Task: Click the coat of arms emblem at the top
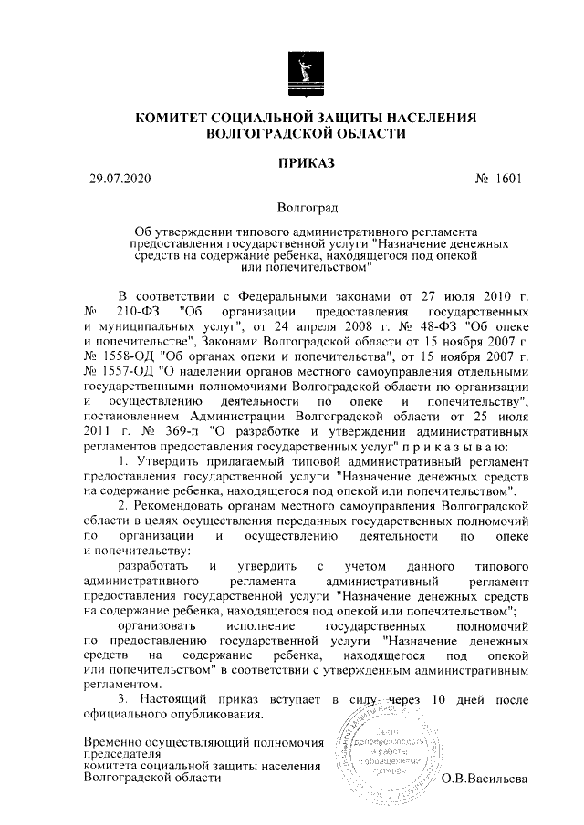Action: (307, 70)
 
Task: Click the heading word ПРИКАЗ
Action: (307, 163)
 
